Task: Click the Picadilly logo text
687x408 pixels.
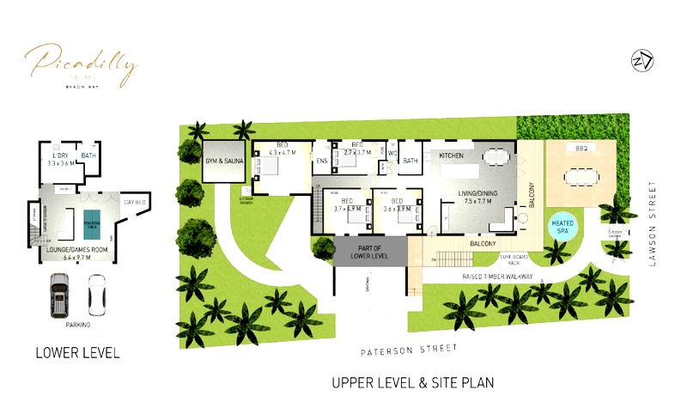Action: click(80, 63)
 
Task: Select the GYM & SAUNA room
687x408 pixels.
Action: click(225, 161)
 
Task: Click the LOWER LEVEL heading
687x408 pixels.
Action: click(77, 352)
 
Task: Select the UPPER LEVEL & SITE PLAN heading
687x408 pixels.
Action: click(412, 381)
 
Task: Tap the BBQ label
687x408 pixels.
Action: click(581, 149)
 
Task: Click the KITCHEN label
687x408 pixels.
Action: click(452, 155)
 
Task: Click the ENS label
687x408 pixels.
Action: click(322, 161)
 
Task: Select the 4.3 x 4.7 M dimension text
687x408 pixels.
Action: click(283, 152)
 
